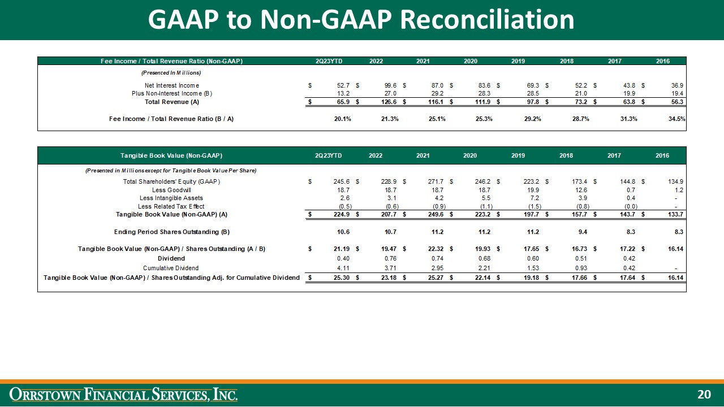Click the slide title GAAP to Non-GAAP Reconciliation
pyautogui.click(x=361, y=20)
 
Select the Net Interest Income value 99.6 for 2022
pyautogui.click(x=390, y=85)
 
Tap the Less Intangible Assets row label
pyautogui.click(x=171, y=198)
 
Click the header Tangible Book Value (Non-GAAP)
pyautogui.click(x=171, y=155)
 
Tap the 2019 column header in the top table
pyautogui.click(x=518, y=61)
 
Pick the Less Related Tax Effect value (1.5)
pyautogui.click(x=531, y=206)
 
